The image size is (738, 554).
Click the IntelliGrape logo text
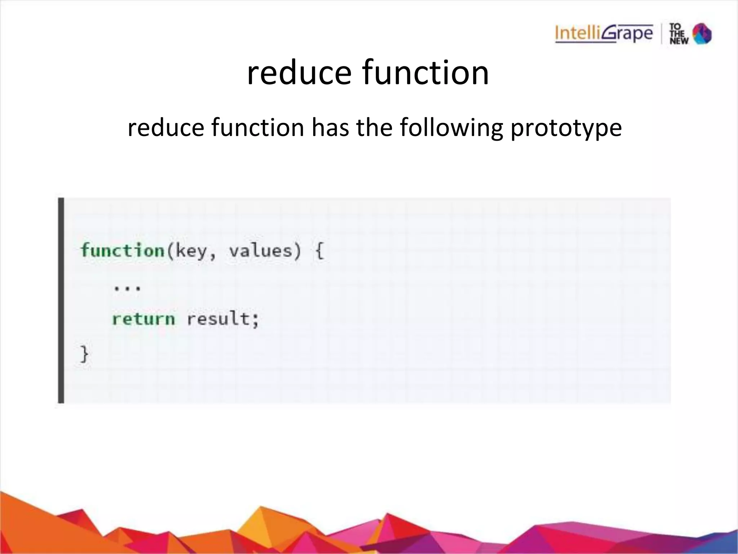coord(604,34)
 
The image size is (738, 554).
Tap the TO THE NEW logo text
coord(679,34)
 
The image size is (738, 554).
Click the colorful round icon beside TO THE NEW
coord(702,34)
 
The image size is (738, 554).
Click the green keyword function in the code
coord(123,250)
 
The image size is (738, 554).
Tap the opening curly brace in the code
coord(320,250)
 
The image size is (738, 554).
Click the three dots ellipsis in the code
coord(127,288)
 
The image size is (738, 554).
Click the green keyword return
coord(143,319)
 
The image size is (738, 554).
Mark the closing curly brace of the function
coord(84,354)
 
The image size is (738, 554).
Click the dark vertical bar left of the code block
coord(61,300)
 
